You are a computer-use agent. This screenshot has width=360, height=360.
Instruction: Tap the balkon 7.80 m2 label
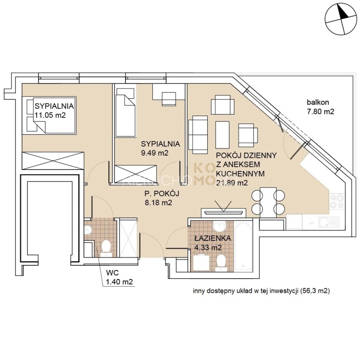click(x=320, y=107)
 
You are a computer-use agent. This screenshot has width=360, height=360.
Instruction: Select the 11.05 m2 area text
click(x=50, y=115)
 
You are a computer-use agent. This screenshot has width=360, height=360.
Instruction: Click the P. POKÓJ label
click(x=163, y=194)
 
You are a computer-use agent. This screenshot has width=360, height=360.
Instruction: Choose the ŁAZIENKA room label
click(x=212, y=238)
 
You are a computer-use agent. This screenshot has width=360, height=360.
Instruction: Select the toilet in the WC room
click(x=106, y=248)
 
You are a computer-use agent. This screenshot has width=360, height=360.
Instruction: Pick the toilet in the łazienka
click(x=221, y=261)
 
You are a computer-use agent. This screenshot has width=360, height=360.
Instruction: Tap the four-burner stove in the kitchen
click(x=336, y=201)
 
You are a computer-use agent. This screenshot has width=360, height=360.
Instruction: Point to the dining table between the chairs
click(x=268, y=201)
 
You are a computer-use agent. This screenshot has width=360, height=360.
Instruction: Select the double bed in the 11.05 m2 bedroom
click(x=49, y=114)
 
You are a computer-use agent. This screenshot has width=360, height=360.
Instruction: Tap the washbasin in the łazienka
click(x=218, y=226)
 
